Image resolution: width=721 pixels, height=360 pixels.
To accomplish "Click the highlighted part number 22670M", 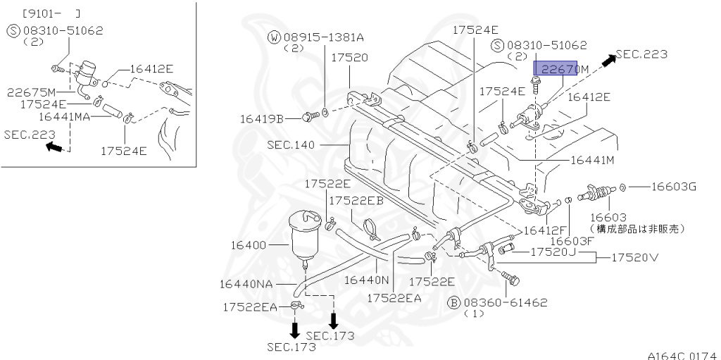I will click(x=560, y=68).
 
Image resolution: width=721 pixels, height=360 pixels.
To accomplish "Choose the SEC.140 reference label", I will click(x=291, y=144).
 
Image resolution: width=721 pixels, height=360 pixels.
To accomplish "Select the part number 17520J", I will click(x=553, y=252).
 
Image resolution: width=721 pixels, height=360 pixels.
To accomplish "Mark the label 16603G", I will click(x=672, y=187).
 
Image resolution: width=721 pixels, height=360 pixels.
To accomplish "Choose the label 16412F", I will click(x=546, y=230).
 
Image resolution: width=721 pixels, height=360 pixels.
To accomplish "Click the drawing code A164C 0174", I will click(x=681, y=354).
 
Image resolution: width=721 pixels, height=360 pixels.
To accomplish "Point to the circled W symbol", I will click(x=274, y=37).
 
